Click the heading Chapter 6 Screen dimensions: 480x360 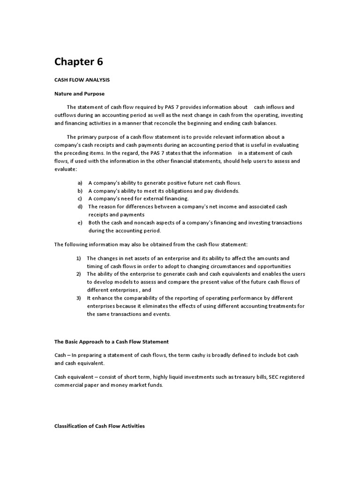[78, 61]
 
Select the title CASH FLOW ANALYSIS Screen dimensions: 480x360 [82, 81]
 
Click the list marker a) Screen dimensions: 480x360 [80, 183]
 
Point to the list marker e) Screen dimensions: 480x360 [80, 223]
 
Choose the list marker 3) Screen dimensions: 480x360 [79, 298]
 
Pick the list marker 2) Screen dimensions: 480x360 [79, 274]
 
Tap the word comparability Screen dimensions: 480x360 [133, 298]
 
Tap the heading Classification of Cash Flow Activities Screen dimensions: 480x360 [99, 426]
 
